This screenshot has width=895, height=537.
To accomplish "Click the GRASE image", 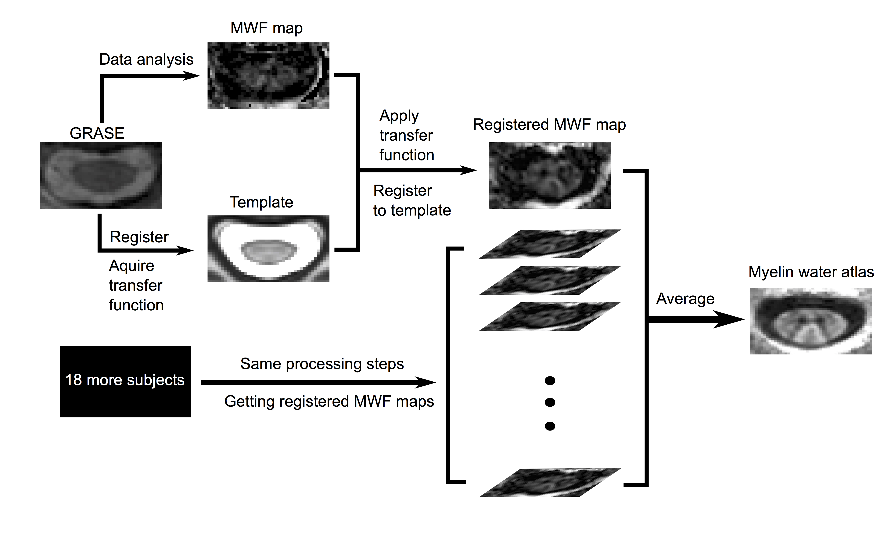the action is click(101, 175).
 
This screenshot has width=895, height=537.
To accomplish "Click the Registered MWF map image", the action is click(550, 175).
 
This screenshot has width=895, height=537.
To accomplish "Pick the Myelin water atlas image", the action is click(810, 321).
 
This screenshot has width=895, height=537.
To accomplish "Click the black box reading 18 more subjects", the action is click(125, 382).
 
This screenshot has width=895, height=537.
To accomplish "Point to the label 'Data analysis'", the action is click(146, 59).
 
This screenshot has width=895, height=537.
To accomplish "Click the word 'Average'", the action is click(685, 299).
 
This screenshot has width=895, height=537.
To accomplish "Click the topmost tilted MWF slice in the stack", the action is click(550, 244).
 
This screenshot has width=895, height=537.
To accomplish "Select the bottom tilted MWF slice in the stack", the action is click(550, 483).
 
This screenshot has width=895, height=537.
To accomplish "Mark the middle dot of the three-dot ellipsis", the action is click(550, 402).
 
